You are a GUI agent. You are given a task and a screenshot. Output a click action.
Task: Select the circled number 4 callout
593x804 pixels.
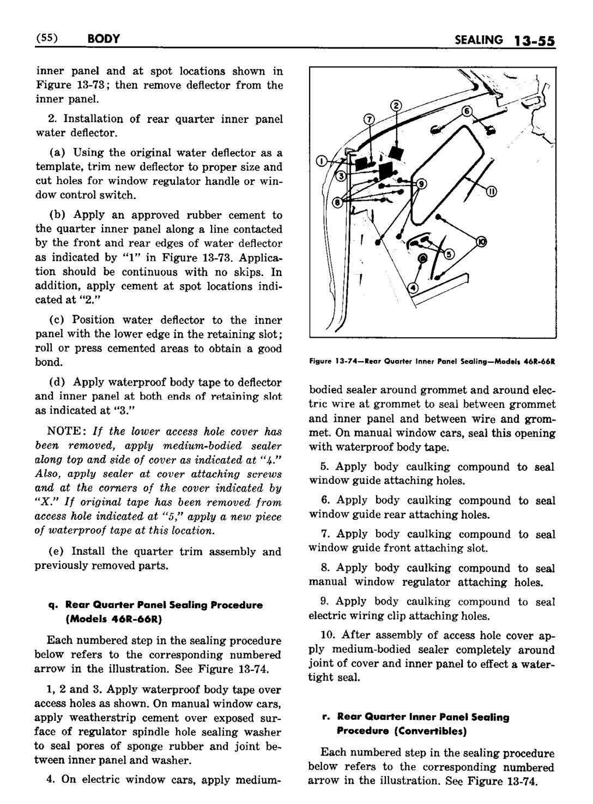[x=413, y=287]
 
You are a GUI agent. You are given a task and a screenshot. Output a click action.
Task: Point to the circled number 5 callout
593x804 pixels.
[x=449, y=253]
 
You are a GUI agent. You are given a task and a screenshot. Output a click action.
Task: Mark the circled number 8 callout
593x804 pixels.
[x=336, y=203]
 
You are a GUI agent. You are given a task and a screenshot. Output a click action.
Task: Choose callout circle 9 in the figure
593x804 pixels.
[x=421, y=184]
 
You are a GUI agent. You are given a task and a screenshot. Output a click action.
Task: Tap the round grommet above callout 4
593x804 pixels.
[x=421, y=258]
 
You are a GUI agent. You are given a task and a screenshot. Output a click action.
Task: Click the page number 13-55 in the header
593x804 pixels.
[x=533, y=40]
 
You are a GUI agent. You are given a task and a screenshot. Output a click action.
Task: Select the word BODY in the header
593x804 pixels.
[x=103, y=39]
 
